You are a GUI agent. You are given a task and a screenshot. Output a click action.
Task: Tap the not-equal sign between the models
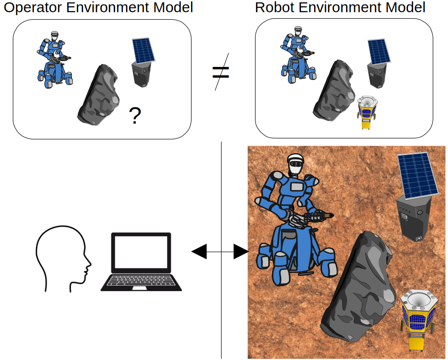221,72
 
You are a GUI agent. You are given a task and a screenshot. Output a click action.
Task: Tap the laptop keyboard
141,281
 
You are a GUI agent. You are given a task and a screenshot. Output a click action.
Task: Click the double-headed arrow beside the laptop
220,252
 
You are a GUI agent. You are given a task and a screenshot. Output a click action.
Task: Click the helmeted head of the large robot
295,164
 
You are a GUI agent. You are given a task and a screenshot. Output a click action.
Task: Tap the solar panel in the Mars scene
418,174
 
